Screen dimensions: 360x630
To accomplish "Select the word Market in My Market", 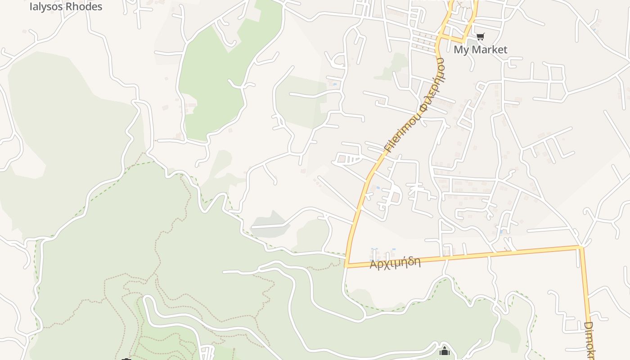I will [488, 49].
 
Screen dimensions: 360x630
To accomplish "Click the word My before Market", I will [460, 49].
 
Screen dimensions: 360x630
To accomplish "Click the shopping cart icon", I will [481, 37].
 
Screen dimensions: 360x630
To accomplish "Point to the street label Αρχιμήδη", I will [395, 263].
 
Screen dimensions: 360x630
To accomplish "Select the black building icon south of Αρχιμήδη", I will [445, 351].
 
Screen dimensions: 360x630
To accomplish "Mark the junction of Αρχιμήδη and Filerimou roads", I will [346, 266].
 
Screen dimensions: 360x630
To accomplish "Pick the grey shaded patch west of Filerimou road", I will [270, 223].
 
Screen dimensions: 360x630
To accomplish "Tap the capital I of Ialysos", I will [31, 7].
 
